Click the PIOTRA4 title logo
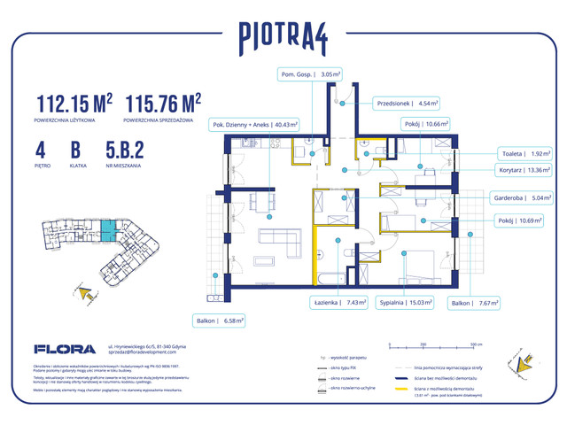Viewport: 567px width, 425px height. (x=283, y=36)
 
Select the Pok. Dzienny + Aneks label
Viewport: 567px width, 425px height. (x=254, y=125)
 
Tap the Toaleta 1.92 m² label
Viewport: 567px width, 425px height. (x=524, y=152)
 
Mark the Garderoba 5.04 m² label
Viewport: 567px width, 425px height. (x=521, y=199)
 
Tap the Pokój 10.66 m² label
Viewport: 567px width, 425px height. (x=428, y=125)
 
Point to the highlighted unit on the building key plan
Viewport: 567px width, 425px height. (x=106, y=234)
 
